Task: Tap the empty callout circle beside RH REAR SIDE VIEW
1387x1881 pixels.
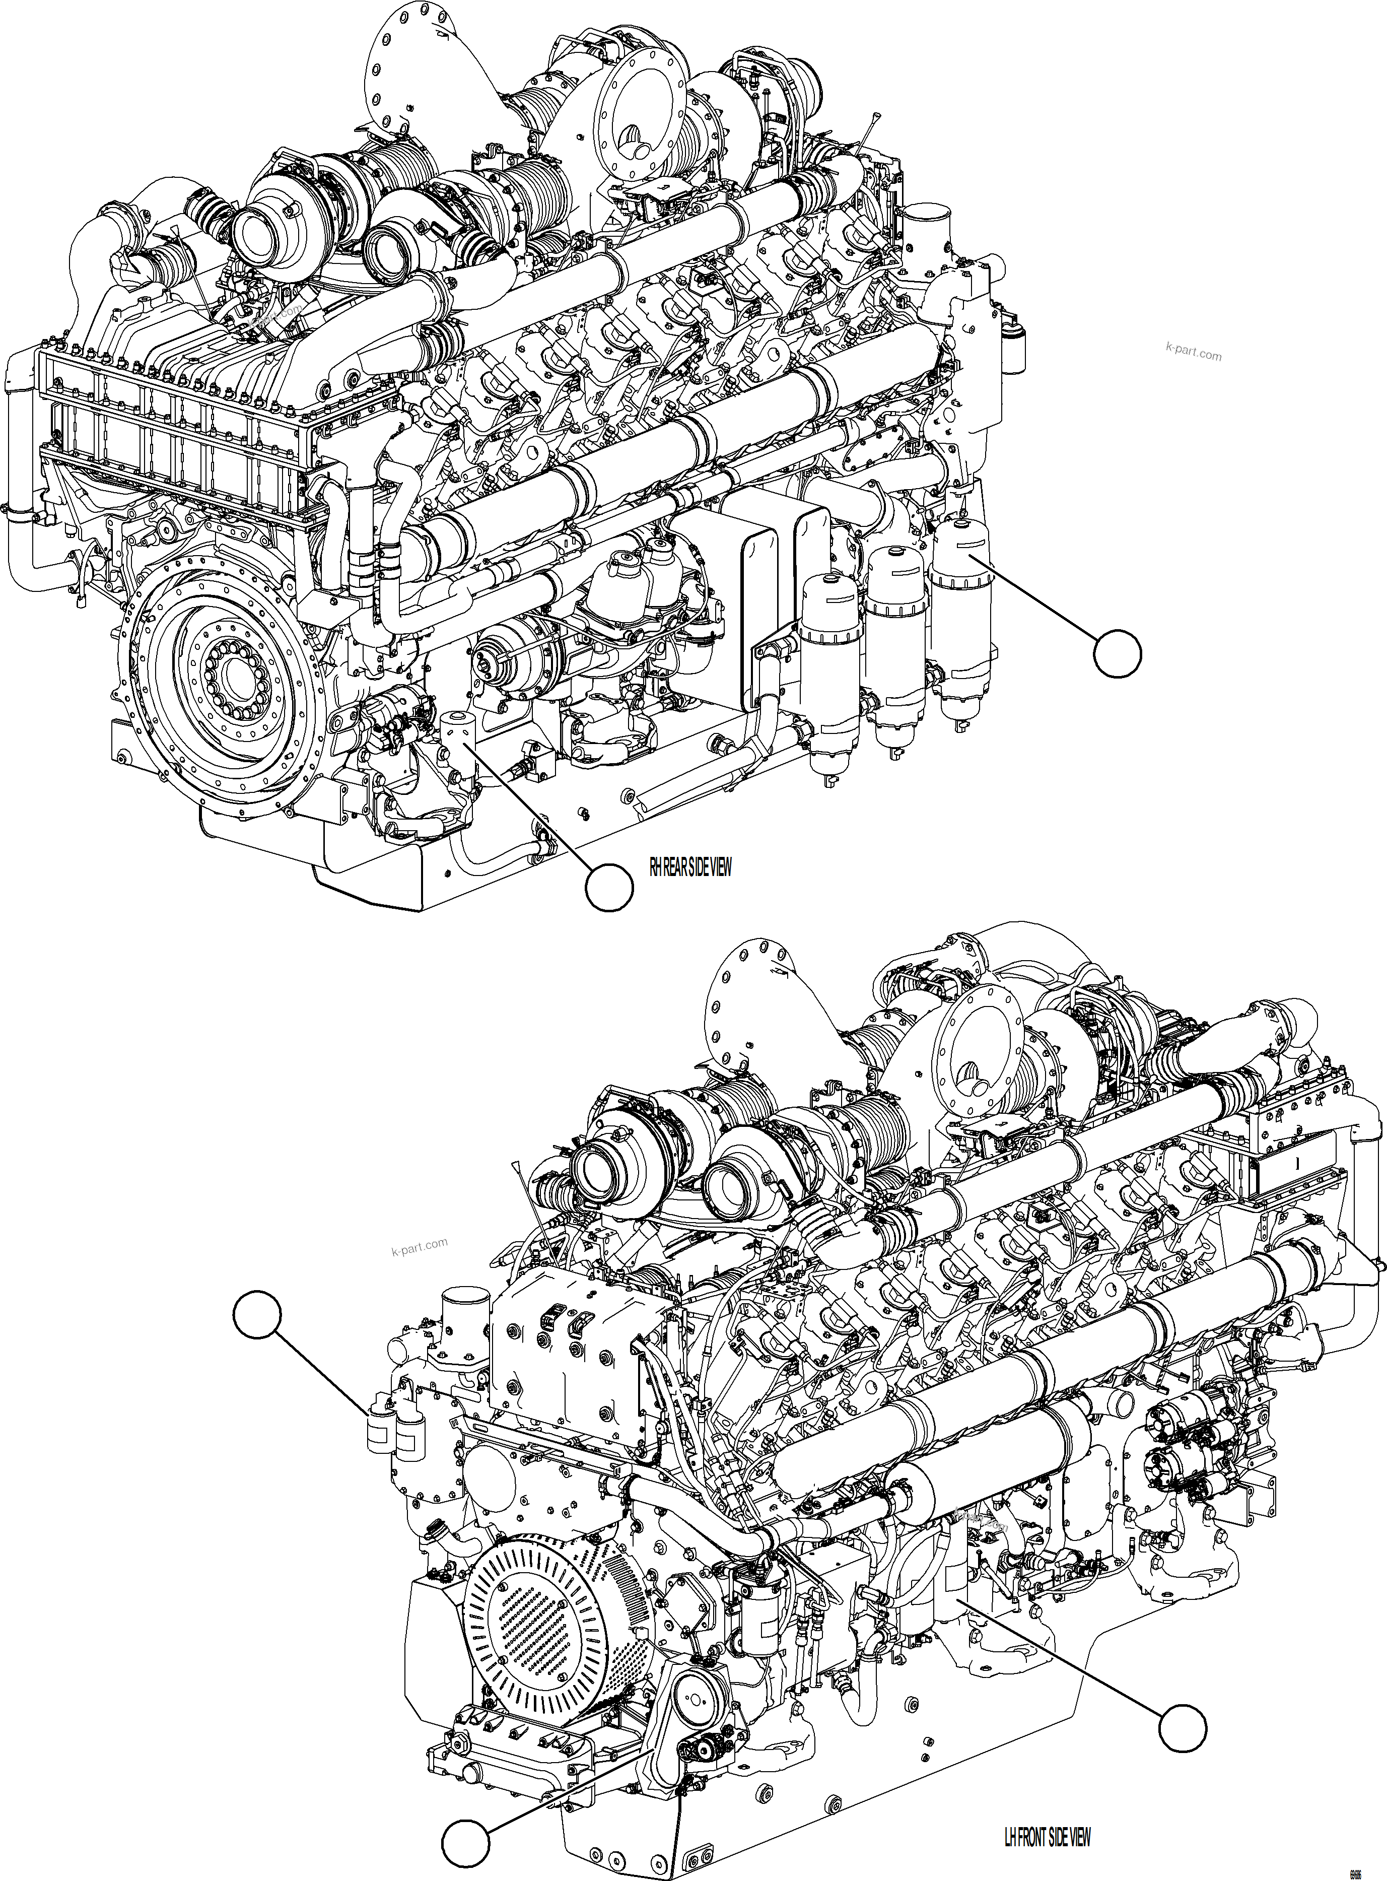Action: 609,889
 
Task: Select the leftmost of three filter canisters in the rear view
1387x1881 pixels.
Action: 828,647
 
